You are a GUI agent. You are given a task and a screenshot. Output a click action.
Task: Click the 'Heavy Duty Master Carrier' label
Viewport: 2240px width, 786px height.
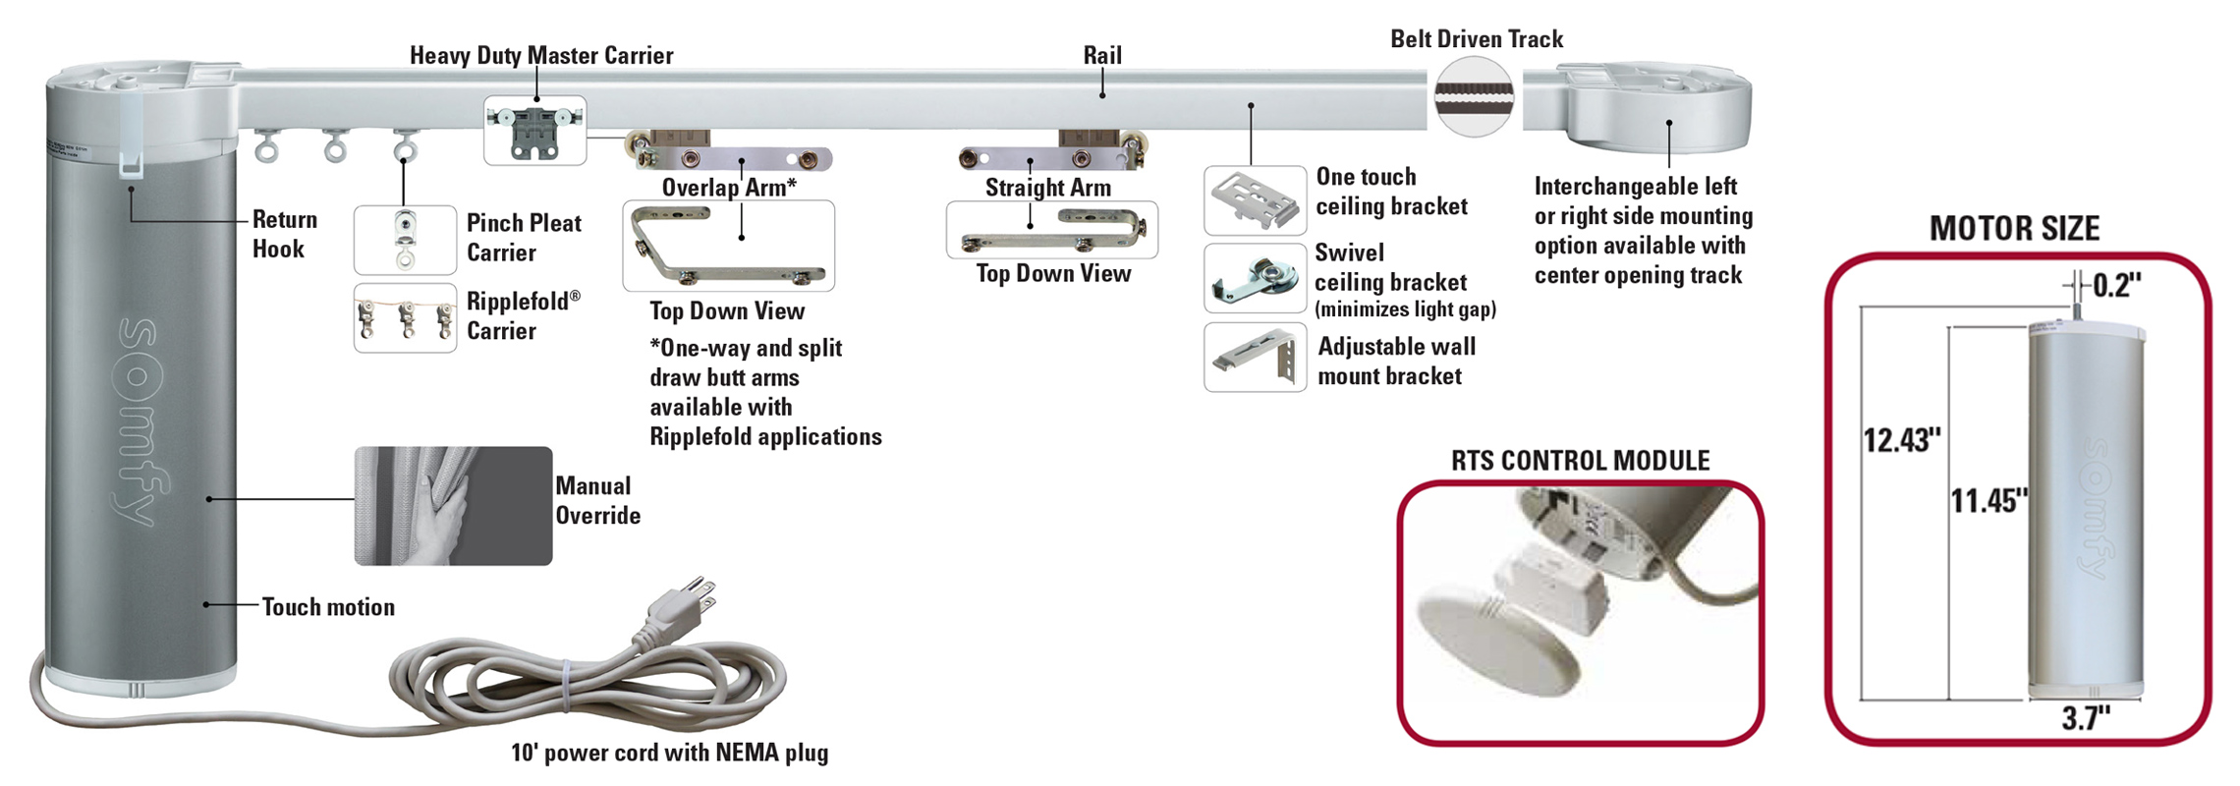[x=541, y=56]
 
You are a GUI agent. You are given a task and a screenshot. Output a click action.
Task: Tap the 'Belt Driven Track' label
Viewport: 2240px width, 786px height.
[x=1476, y=39]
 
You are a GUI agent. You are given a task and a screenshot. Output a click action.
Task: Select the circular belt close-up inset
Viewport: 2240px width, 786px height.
[x=1474, y=96]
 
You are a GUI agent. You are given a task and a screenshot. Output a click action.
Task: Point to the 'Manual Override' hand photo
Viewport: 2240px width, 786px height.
[x=453, y=506]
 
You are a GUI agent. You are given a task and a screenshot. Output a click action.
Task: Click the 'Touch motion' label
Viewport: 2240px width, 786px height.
[x=328, y=607]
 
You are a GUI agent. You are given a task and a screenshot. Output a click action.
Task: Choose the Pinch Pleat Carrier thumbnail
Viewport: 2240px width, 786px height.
[x=405, y=240]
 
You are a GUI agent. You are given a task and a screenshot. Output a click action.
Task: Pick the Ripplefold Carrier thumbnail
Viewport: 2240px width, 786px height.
[x=405, y=317]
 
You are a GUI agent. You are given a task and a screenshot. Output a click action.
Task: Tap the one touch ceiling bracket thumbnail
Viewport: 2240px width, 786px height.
[x=1255, y=200]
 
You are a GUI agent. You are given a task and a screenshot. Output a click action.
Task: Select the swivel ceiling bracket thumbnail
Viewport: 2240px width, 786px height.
[x=1255, y=279]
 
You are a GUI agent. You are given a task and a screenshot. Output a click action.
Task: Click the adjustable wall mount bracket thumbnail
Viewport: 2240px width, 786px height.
[x=1255, y=358]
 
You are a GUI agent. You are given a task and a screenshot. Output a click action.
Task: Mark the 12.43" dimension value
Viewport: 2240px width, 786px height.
[x=1902, y=440]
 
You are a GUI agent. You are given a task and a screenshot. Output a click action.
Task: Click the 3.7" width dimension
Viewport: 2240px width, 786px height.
[x=2085, y=719]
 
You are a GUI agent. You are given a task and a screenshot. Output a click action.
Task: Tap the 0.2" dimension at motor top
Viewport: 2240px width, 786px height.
[x=2116, y=286]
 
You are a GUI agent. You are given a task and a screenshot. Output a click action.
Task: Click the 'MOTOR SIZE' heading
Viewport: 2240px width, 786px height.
[x=2014, y=229]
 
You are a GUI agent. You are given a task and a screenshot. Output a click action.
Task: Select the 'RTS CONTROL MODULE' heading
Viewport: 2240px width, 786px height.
[x=1580, y=461]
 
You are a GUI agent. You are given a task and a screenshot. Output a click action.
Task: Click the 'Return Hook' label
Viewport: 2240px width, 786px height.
[x=284, y=234]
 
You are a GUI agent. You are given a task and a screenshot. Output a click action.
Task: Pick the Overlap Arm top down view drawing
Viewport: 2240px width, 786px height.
[x=728, y=246]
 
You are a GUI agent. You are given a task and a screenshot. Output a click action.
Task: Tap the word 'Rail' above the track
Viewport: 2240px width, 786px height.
[x=1101, y=56]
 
